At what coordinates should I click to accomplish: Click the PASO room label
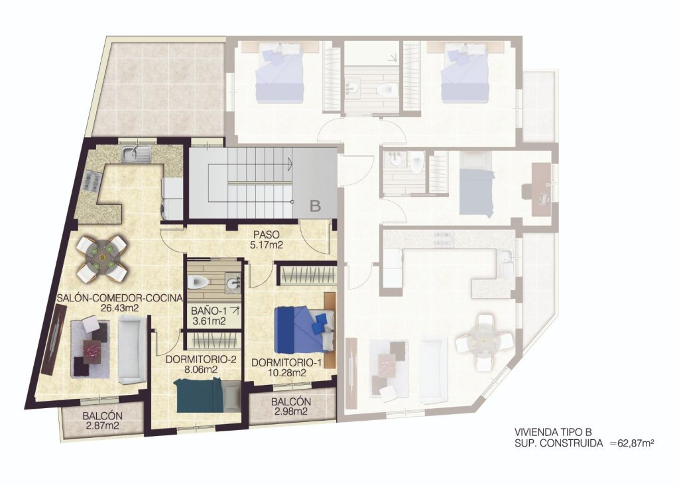click(266, 235)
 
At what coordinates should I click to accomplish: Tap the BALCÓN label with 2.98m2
click(290, 402)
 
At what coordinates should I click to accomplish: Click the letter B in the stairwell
click(315, 206)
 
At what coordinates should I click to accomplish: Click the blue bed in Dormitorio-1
click(302, 329)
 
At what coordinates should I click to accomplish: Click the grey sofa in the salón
click(132, 349)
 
